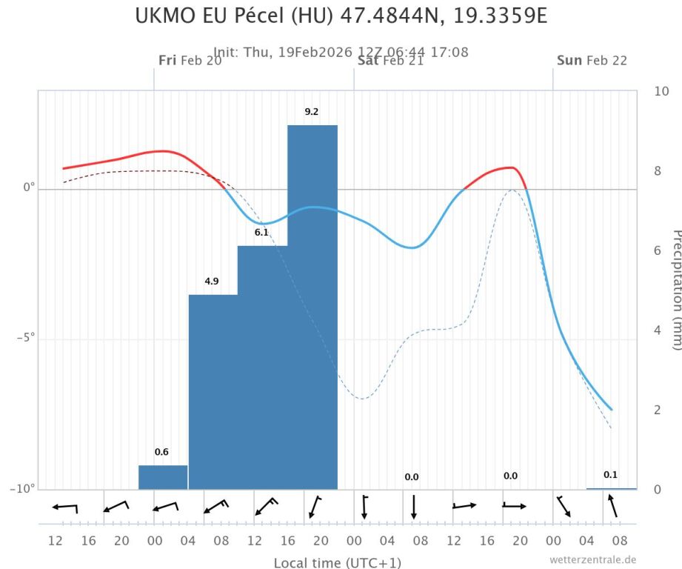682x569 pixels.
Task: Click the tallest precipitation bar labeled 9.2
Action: [x=312, y=307]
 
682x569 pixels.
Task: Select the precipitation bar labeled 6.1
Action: [x=263, y=367]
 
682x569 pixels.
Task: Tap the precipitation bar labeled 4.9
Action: [x=213, y=391]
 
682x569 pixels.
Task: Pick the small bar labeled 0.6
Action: [x=163, y=477]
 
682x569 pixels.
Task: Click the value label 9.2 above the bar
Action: [x=312, y=112]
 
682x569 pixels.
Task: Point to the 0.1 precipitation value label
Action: [x=610, y=475]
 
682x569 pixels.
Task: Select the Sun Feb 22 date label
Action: [x=592, y=61]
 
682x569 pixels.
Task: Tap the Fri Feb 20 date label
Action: [x=190, y=61]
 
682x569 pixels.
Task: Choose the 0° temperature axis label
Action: [x=30, y=188]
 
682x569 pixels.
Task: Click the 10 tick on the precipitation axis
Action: [x=661, y=91]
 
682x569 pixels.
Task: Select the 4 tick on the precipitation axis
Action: [x=658, y=330]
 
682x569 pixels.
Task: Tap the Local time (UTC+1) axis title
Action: [x=337, y=563]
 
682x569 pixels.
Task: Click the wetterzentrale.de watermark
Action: [x=592, y=560]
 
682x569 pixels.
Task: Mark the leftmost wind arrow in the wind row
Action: [x=65, y=508]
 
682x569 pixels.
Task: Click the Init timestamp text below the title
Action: [x=341, y=53]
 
